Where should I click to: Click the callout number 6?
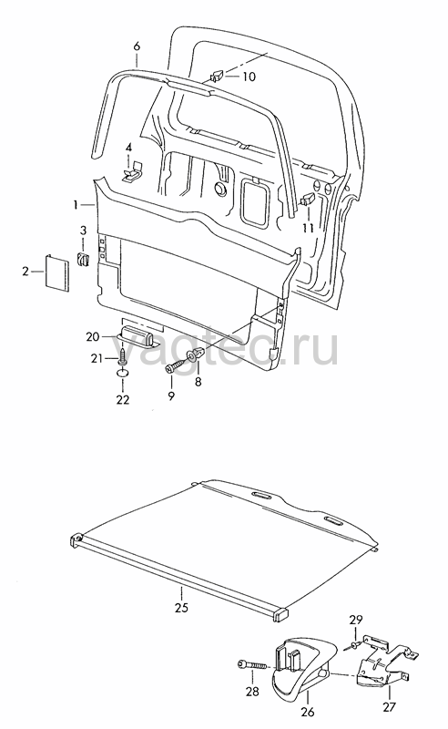tap(137, 46)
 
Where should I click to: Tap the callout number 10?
tap(249, 77)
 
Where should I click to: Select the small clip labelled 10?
tap(218, 75)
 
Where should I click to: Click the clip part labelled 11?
tap(309, 200)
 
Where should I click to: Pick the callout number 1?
tap(76, 204)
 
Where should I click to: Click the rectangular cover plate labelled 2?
tap(57, 272)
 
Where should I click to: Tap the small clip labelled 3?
tap(83, 260)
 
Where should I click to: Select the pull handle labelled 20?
tap(137, 336)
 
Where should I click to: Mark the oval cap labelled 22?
tap(123, 374)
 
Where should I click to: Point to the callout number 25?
tap(182, 607)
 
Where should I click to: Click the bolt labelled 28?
tap(253, 665)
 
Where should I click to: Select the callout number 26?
tap(308, 712)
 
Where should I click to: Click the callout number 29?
tap(356, 620)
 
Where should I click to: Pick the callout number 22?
tap(123, 399)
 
